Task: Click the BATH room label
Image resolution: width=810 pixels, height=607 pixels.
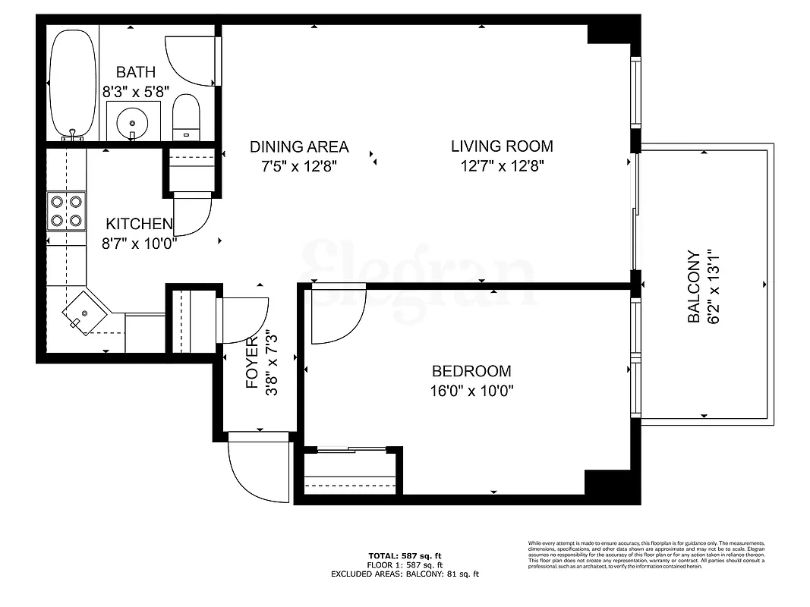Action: (x=135, y=73)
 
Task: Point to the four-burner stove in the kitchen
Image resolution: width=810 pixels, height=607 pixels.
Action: (x=66, y=211)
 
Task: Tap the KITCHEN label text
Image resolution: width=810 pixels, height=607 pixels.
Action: (x=139, y=224)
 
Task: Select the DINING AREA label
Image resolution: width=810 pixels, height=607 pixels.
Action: (x=299, y=146)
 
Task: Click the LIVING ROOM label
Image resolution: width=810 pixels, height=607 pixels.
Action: (x=502, y=146)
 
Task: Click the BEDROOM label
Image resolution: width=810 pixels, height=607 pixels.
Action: (x=471, y=371)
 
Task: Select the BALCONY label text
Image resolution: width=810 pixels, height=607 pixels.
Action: (x=694, y=288)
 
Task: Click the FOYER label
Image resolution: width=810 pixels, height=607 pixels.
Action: (x=253, y=363)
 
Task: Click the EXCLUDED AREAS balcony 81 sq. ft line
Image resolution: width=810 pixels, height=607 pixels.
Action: (x=405, y=574)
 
